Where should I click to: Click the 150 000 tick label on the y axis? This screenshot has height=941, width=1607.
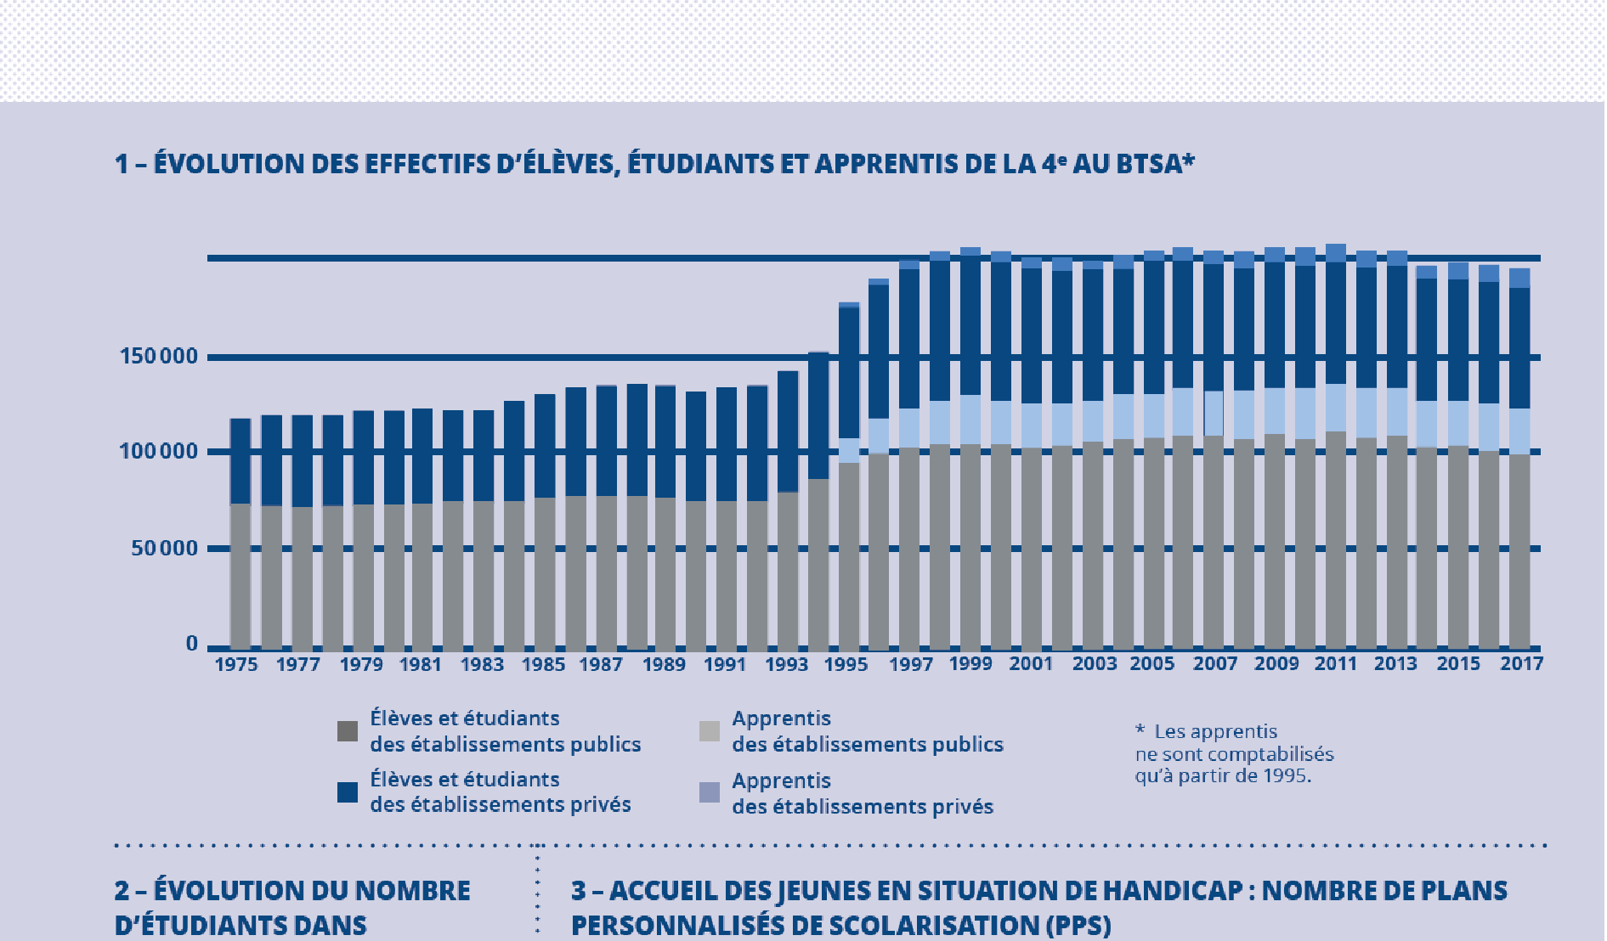(159, 357)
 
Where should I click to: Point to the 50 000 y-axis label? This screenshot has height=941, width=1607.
(164, 549)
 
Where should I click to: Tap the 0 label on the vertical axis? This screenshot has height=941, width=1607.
(192, 644)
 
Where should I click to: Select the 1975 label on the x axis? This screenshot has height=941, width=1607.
(236, 664)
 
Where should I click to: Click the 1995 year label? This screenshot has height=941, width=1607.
(846, 664)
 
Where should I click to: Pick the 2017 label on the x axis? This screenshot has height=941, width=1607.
(1521, 663)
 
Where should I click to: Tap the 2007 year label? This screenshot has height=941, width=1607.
(1215, 664)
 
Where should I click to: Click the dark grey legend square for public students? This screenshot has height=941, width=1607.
(348, 731)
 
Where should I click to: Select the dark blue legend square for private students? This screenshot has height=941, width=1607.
(348, 792)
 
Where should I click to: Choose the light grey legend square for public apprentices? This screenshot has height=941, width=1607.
(710, 731)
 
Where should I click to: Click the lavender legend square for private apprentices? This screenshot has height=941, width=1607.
(710, 793)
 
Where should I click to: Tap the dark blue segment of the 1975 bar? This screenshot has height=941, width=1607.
(240, 461)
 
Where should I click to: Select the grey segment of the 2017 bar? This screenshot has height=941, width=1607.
(1519, 552)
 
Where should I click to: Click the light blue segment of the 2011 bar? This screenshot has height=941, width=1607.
(1336, 409)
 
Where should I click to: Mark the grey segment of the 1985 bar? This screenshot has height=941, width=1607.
(545, 573)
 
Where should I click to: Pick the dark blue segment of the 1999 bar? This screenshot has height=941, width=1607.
(970, 325)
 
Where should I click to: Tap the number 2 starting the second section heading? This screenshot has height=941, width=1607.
(122, 891)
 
